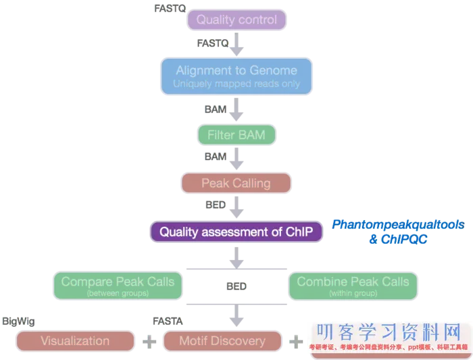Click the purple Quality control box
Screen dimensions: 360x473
point(236,20)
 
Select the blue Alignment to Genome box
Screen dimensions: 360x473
point(236,76)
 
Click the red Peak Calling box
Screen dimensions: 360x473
point(236,183)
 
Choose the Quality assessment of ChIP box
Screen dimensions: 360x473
point(236,232)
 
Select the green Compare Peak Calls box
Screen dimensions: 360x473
point(118,285)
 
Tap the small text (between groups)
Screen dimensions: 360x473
point(118,294)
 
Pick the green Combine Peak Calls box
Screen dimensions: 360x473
point(353,285)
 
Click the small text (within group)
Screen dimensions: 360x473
point(353,294)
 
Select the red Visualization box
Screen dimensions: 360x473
point(76,341)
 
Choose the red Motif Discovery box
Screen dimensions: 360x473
point(222,341)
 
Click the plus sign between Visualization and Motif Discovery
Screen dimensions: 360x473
point(148,341)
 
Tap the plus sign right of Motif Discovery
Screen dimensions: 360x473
point(295,341)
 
